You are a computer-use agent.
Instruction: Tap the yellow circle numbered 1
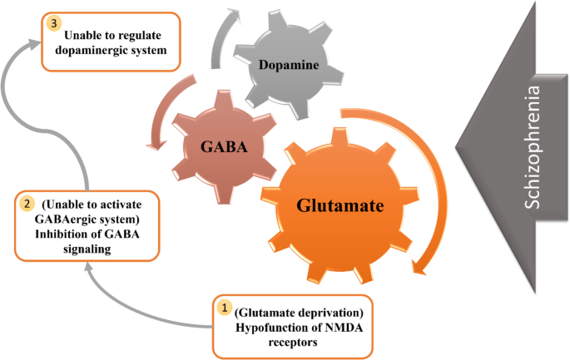pyautogui.click(x=223, y=306)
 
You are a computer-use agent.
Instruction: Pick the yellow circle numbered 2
pyautogui.click(x=27, y=203)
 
